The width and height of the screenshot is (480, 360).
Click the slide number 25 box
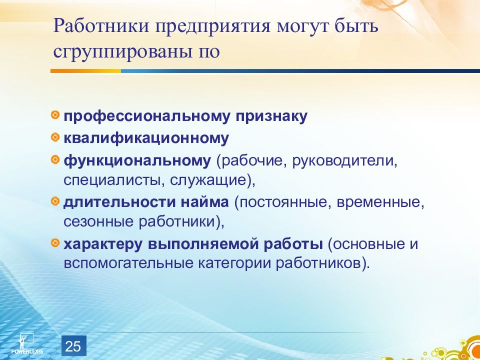tap(74, 345)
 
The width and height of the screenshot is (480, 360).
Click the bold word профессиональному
tap(146, 117)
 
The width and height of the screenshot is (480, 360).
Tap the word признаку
tap(271, 117)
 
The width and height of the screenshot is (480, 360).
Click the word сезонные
tap(98, 222)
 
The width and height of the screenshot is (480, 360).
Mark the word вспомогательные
tap(128, 264)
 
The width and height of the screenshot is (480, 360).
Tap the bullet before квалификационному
tap(55, 137)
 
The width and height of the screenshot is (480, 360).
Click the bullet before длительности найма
tap(55, 201)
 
